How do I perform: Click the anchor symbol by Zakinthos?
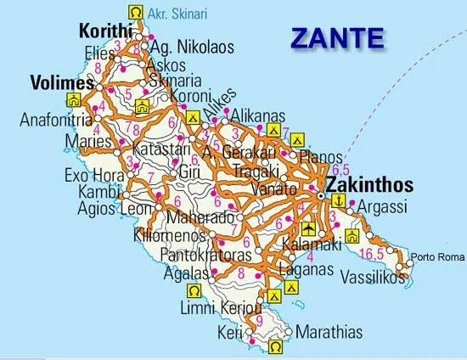(x=338, y=200)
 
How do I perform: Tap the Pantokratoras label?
(x=203, y=254)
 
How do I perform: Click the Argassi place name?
(x=383, y=207)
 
